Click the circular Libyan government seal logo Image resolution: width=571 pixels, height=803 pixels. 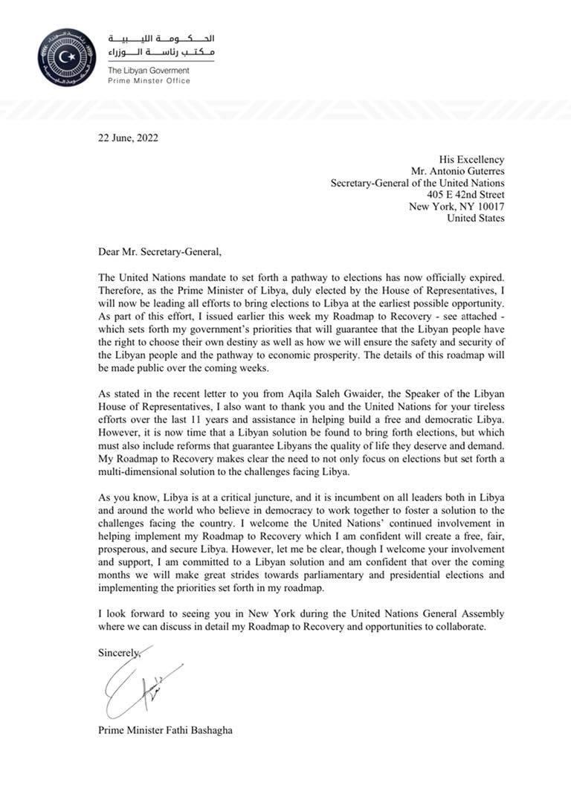[x=67, y=57]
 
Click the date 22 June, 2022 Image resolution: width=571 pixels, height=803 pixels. [x=128, y=137]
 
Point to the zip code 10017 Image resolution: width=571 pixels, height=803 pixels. [x=488, y=207]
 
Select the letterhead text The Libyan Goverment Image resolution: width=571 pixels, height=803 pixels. [x=149, y=70]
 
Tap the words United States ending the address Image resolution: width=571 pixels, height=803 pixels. [x=476, y=219]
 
